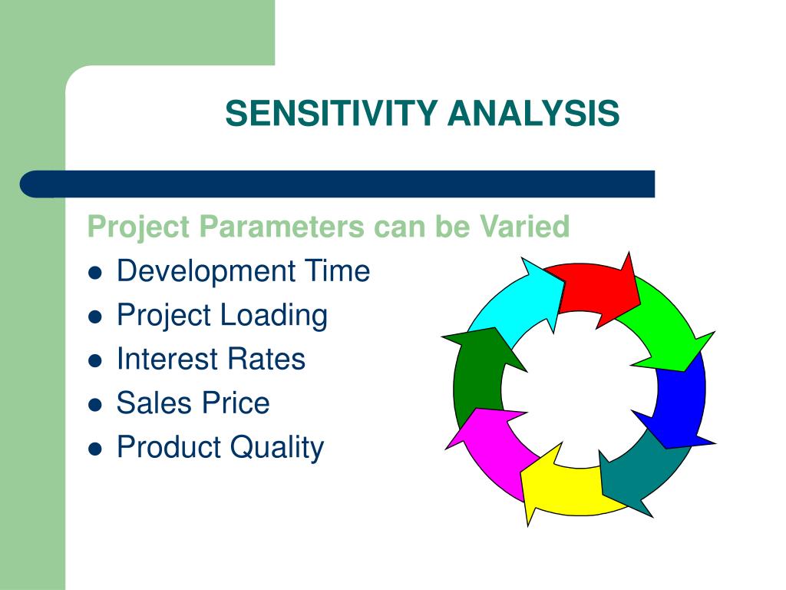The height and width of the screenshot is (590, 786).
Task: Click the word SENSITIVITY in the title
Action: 332,113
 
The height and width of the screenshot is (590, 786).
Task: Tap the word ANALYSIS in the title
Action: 534,113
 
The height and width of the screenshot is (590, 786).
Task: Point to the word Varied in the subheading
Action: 524,227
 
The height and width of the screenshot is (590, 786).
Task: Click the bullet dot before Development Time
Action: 94,273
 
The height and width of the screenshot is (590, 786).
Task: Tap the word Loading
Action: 274,317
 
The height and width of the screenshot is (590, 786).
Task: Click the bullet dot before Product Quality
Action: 94,449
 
